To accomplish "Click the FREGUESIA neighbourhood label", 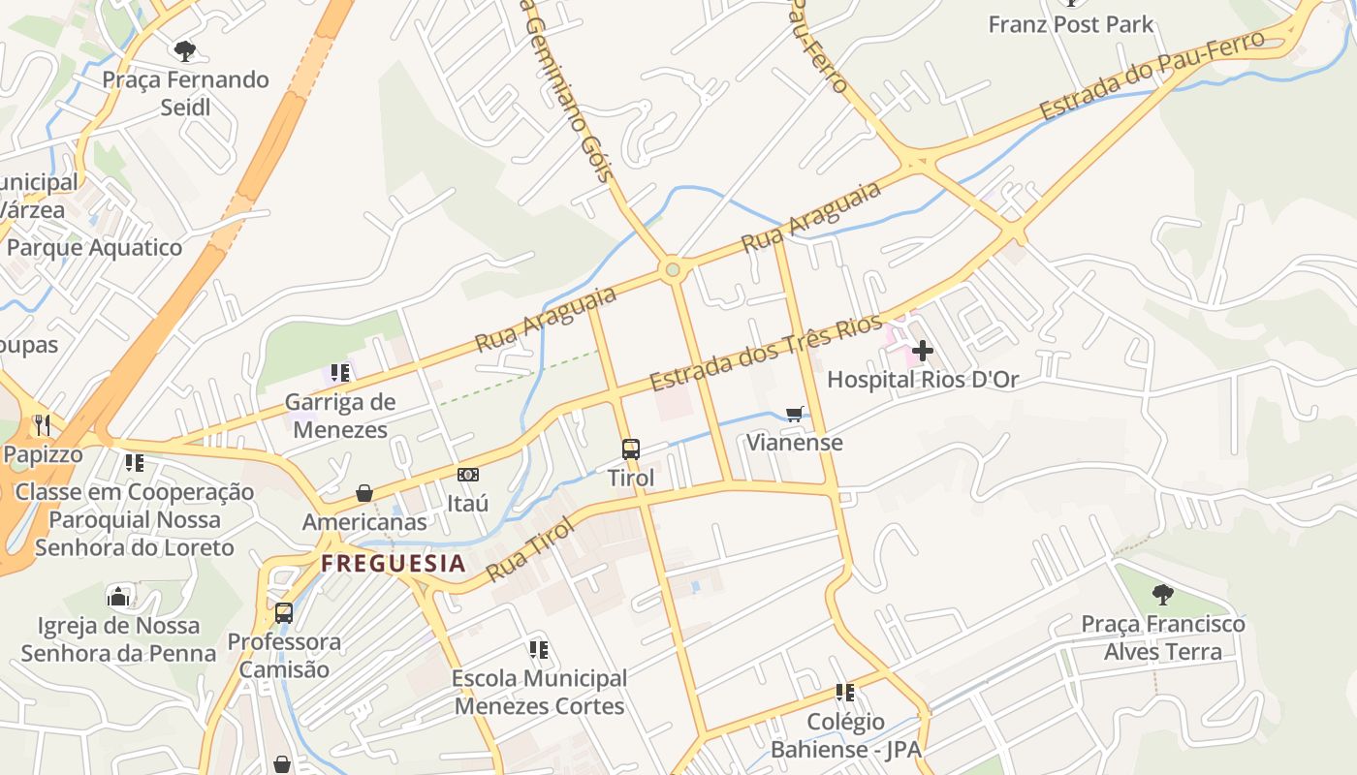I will click(394, 563).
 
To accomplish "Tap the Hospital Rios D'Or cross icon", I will click(922, 350).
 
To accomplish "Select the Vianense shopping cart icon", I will click(795, 415).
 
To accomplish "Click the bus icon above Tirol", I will click(631, 449).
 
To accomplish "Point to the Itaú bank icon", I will click(468, 475).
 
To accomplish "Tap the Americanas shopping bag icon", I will click(364, 493).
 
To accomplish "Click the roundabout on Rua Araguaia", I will click(673, 269).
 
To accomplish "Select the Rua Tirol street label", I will click(530, 548).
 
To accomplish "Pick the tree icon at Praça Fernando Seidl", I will click(185, 50).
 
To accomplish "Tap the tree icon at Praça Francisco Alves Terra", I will click(1163, 595).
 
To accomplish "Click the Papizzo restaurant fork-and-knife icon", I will click(43, 424).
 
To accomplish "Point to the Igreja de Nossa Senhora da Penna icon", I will click(118, 596).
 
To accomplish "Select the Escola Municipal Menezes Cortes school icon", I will click(539, 649).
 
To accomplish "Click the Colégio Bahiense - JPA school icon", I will click(845, 693).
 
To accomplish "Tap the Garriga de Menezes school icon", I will click(339, 373).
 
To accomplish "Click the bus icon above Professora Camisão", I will click(284, 612).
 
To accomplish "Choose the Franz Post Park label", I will click(1070, 24).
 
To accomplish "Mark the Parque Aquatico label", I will click(94, 247).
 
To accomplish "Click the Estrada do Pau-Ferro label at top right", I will click(1152, 76).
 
